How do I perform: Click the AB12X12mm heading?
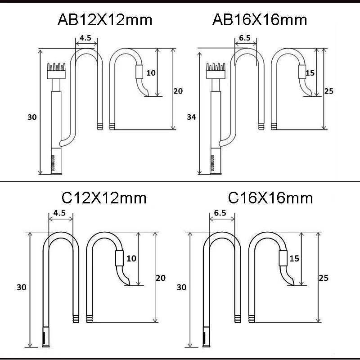[105, 20]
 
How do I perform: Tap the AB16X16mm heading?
[260, 20]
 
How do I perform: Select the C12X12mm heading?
[104, 198]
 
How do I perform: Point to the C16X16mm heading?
[270, 198]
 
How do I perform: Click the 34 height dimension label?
[191, 117]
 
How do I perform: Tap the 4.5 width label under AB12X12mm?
[85, 38]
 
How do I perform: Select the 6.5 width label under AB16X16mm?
[245, 38]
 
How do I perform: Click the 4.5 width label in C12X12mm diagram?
[59, 213]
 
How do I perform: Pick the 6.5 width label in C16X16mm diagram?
[220, 213]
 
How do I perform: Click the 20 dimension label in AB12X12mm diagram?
[178, 91]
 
